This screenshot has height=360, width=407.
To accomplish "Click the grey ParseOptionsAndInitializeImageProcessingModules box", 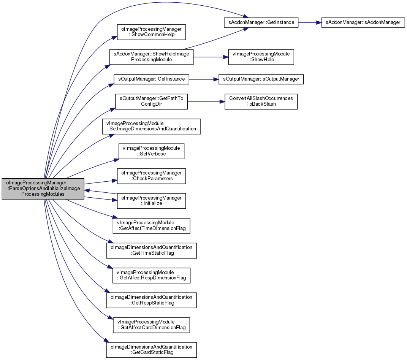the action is pyautogui.click(x=43, y=189).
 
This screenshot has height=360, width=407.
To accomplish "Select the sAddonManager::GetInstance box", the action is pyautogui.click(x=261, y=22).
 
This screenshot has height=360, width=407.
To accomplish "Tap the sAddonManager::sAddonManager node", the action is pyautogui.click(x=363, y=22).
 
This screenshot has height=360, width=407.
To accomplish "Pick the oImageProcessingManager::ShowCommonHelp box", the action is pyautogui.click(x=151, y=32).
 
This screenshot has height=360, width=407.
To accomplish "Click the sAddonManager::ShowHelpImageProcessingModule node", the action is pyautogui.click(x=151, y=57).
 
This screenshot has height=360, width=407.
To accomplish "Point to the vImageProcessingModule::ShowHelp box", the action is pyautogui.click(x=261, y=57).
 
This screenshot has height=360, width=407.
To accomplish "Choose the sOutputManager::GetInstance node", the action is pyautogui.click(x=151, y=79).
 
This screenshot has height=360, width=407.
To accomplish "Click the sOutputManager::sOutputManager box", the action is pyautogui.click(x=261, y=79).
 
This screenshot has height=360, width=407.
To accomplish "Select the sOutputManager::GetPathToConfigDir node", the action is pyautogui.click(x=151, y=101).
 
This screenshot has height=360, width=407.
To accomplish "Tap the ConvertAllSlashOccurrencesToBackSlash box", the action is pyautogui.click(x=261, y=101).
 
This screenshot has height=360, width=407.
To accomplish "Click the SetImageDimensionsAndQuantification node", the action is pyautogui.click(x=151, y=127).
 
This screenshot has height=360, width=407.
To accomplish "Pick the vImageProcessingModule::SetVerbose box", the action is pyautogui.click(x=151, y=151).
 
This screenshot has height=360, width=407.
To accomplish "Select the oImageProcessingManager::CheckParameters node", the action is pyautogui.click(x=151, y=176).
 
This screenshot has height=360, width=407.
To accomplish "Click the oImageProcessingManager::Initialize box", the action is pyautogui.click(x=151, y=201).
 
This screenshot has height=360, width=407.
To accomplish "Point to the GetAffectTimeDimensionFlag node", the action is pyautogui.click(x=151, y=226).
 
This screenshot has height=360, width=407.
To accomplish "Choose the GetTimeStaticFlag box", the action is pyautogui.click(x=151, y=251).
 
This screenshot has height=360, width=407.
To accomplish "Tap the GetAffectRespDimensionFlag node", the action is pyautogui.click(x=151, y=275).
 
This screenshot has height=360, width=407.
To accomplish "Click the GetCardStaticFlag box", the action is pyautogui.click(x=151, y=350).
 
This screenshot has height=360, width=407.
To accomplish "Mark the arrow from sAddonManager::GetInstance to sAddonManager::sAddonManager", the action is pyautogui.click(x=310, y=22).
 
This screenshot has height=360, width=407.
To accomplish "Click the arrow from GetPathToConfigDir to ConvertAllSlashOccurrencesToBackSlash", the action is pyautogui.click(x=206, y=101).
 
